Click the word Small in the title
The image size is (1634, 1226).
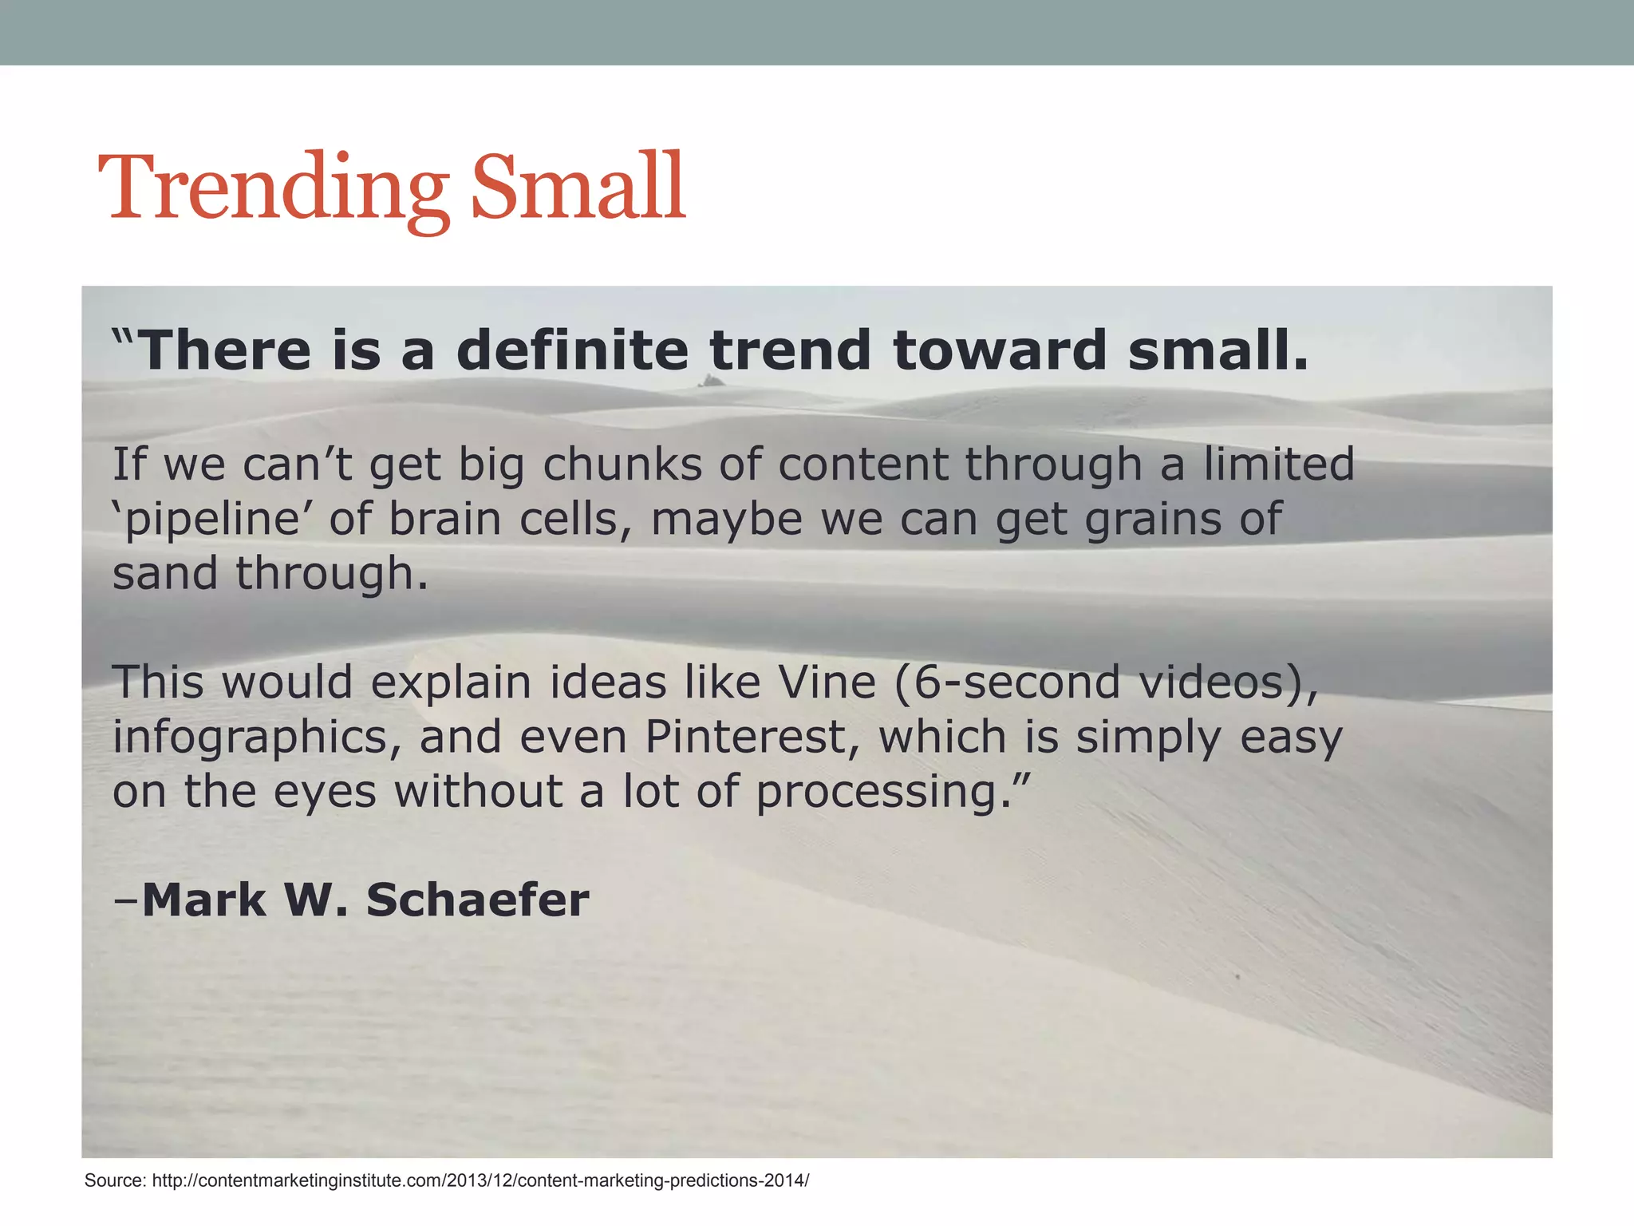pyautogui.click(x=578, y=188)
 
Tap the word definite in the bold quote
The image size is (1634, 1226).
pyautogui.click(x=572, y=350)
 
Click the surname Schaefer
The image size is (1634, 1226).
pyautogui.click(x=477, y=900)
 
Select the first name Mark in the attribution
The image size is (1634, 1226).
pyautogui.click(x=204, y=900)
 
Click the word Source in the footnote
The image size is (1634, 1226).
pyautogui.click(x=114, y=1181)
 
